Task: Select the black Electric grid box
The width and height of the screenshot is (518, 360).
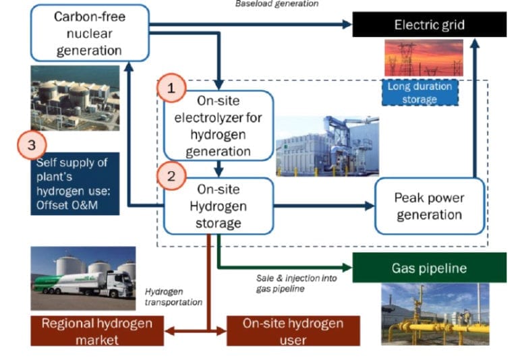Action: click(x=429, y=25)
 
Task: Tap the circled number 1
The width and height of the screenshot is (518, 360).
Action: click(x=171, y=88)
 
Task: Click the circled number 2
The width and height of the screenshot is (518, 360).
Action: click(x=171, y=176)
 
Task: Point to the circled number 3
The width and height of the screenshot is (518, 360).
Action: click(x=32, y=144)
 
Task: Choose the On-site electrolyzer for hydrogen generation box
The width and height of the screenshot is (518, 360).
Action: click(x=219, y=125)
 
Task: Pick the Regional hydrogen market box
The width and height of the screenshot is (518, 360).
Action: click(x=97, y=330)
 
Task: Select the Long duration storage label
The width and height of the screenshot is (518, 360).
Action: click(x=420, y=93)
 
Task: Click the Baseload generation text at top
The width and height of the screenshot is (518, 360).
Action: click(x=277, y=4)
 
